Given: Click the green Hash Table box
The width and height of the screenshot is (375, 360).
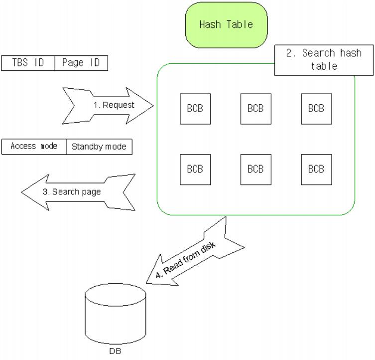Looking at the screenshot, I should coord(226,24).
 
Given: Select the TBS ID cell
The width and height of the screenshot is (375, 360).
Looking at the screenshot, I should coord(28,63).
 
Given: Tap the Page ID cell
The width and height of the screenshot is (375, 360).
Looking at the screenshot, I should coord(81,63).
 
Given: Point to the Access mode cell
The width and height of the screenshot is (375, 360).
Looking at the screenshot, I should coord(34,147).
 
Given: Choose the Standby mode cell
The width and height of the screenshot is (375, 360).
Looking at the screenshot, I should coord(99,147).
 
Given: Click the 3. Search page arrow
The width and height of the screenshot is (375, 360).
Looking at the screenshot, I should coord(77,192).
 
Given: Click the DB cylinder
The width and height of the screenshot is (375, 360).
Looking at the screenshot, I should coord(116,315).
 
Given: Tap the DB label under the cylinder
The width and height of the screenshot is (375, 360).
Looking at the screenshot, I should coord(115,351).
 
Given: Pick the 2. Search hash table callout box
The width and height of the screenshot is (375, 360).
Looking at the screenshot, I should coord(324,60).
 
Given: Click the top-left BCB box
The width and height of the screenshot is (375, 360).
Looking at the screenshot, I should coord(195,109).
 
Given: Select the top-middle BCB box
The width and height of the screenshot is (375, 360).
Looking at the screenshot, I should coord(255,109).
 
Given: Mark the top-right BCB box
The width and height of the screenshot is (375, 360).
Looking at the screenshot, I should coord(316,109).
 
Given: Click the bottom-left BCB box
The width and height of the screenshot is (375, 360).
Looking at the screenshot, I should coord(195,170).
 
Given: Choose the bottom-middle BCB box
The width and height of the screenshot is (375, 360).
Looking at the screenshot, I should coord(255,170).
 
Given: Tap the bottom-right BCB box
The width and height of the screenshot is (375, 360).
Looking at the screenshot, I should coord(316,170).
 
